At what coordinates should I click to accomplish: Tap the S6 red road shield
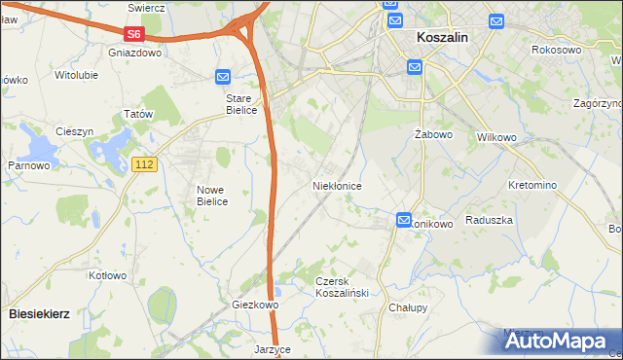click(x=134, y=34)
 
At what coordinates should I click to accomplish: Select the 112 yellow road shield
click(x=143, y=166)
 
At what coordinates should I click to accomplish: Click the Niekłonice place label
click(x=337, y=185)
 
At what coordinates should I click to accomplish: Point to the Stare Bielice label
click(x=240, y=104)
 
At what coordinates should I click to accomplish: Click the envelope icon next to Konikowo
click(x=404, y=221)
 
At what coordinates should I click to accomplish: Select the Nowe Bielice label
click(x=212, y=196)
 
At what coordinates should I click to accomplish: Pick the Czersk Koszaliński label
click(x=339, y=286)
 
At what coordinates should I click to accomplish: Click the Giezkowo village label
click(x=255, y=305)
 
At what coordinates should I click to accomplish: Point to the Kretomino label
click(x=531, y=185)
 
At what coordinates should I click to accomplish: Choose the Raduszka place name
click(x=489, y=220)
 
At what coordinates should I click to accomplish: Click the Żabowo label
click(x=429, y=133)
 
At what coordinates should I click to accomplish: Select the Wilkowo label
click(x=495, y=137)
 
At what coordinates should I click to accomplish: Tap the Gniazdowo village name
click(x=135, y=53)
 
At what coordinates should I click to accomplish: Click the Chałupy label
click(x=408, y=307)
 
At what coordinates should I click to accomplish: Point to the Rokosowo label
click(x=557, y=49)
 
